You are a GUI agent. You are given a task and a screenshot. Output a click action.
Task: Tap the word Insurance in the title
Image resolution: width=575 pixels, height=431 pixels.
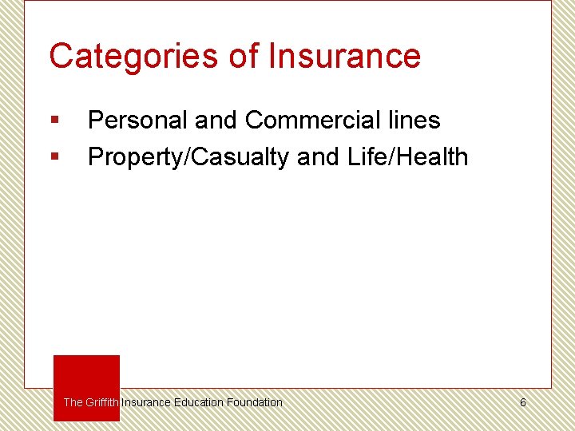point(344,56)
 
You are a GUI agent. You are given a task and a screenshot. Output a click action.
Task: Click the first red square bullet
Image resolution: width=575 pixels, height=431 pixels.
point(54,121)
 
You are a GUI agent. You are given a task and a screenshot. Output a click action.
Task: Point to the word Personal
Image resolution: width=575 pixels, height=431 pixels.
point(137,121)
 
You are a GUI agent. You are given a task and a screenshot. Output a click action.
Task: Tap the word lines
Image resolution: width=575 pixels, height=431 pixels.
point(415,121)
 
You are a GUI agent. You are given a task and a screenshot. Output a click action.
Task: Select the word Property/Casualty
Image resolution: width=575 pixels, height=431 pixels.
point(188,158)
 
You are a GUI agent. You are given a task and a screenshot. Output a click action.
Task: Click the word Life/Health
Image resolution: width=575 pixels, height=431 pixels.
point(408,157)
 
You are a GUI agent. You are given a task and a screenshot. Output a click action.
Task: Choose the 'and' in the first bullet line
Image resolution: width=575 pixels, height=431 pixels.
point(216,121)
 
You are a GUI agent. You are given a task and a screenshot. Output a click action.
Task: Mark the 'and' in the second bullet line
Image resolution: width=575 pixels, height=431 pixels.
point(319,157)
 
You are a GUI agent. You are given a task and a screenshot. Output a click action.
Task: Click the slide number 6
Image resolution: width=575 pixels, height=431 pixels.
point(523,402)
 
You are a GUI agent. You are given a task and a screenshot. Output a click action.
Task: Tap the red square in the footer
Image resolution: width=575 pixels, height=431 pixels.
point(86,375)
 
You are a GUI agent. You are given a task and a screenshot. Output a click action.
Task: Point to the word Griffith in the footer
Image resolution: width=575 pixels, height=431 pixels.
point(102,402)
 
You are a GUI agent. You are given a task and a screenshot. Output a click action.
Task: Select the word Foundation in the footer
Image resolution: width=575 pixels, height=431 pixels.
point(254,402)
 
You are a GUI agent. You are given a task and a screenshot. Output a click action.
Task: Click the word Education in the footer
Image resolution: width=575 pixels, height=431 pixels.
point(199,402)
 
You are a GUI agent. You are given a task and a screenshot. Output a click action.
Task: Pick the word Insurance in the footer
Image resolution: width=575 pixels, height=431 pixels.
point(146,402)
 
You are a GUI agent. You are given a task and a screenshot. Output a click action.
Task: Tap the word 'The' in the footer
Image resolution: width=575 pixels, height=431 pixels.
point(73,402)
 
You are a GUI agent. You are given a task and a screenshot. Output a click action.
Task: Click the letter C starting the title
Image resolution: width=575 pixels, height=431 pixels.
point(60,56)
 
